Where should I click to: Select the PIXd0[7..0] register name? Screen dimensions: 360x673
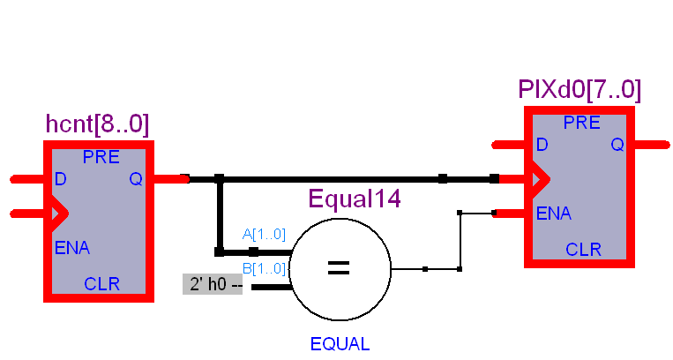click(x=580, y=90)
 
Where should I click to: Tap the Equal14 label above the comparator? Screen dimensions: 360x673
click(x=355, y=199)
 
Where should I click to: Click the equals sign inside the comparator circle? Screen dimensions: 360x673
click(x=340, y=267)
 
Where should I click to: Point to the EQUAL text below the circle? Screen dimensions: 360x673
click(x=340, y=344)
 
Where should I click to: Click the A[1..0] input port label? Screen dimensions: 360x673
click(x=264, y=235)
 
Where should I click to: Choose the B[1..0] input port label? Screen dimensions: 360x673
click(x=264, y=268)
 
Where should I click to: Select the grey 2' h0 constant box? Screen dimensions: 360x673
click(x=212, y=285)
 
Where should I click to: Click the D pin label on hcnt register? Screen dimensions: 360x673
click(x=60, y=179)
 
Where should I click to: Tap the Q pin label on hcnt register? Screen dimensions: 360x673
click(x=136, y=179)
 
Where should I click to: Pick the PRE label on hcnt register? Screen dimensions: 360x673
click(x=101, y=158)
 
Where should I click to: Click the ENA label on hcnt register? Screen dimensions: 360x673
click(x=71, y=248)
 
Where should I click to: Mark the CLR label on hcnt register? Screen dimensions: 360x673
click(x=101, y=284)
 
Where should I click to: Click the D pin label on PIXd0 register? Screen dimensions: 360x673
click(x=542, y=145)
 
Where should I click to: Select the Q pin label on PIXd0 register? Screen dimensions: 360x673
click(x=617, y=145)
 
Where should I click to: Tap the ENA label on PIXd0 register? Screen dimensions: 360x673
click(x=553, y=214)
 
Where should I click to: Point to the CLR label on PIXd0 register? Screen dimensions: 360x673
click(x=583, y=250)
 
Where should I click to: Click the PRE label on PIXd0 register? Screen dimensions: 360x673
click(x=582, y=124)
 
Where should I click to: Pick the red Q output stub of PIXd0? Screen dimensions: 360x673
click(x=651, y=144)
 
